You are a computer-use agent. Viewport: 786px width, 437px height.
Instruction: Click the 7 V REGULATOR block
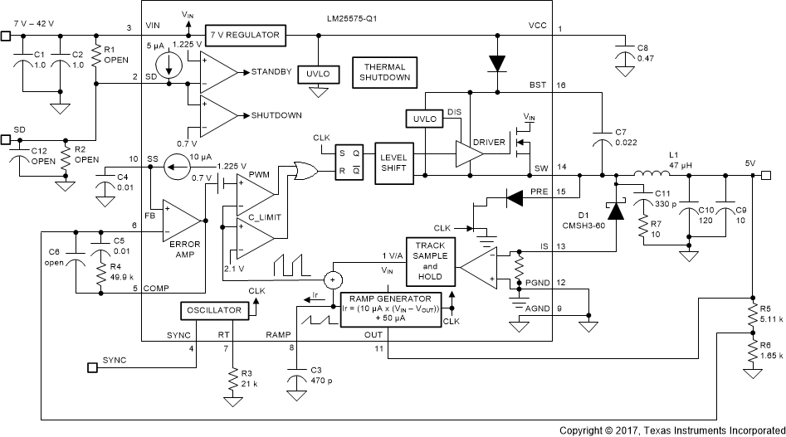245,36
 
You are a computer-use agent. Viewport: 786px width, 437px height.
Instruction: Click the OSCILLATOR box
213,309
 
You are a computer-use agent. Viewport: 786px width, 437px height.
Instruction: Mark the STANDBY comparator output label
271,72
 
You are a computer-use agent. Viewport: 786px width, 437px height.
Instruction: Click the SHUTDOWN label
276,115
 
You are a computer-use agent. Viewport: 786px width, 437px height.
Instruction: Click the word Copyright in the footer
582,430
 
